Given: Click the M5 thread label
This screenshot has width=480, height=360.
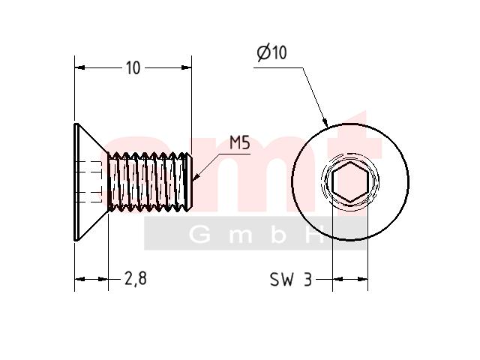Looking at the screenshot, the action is (x=240, y=143).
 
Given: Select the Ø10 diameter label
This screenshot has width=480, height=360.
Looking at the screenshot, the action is (x=271, y=52).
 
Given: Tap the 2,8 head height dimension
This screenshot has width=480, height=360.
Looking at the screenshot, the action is (x=136, y=278).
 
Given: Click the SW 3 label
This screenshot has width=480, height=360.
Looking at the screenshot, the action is (x=291, y=279).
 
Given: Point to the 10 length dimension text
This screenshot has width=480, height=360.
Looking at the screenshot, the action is (x=133, y=67).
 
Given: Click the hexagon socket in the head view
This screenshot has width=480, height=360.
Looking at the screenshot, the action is (x=350, y=181).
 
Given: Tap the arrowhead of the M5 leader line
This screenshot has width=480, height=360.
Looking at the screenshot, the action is (x=196, y=177).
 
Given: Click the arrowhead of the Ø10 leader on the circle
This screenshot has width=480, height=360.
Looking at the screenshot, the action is (x=325, y=122).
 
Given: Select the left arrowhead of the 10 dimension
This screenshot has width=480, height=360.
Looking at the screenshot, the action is (x=79, y=67).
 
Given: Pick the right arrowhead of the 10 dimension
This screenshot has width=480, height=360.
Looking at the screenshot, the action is (x=187, y=67).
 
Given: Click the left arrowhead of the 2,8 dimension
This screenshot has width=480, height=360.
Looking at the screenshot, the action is (x=80, y=279).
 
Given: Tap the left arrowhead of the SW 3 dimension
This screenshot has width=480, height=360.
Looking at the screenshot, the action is (x=337, y=279).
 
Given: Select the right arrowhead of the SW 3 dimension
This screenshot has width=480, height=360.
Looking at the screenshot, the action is (x=363, y=279).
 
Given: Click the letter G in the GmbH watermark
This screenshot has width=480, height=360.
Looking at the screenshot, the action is (x=200, y=235).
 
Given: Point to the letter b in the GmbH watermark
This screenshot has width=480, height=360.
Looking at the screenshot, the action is (x=278, y=235).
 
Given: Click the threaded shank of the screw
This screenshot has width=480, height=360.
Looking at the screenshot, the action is (x=149, y=181).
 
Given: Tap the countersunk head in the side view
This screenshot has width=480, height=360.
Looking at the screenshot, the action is (x=91, y=181).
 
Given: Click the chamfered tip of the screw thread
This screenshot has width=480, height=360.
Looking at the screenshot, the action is (x=190, y=181).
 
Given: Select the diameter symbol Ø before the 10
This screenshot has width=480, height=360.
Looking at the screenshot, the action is (x=263, y=53).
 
